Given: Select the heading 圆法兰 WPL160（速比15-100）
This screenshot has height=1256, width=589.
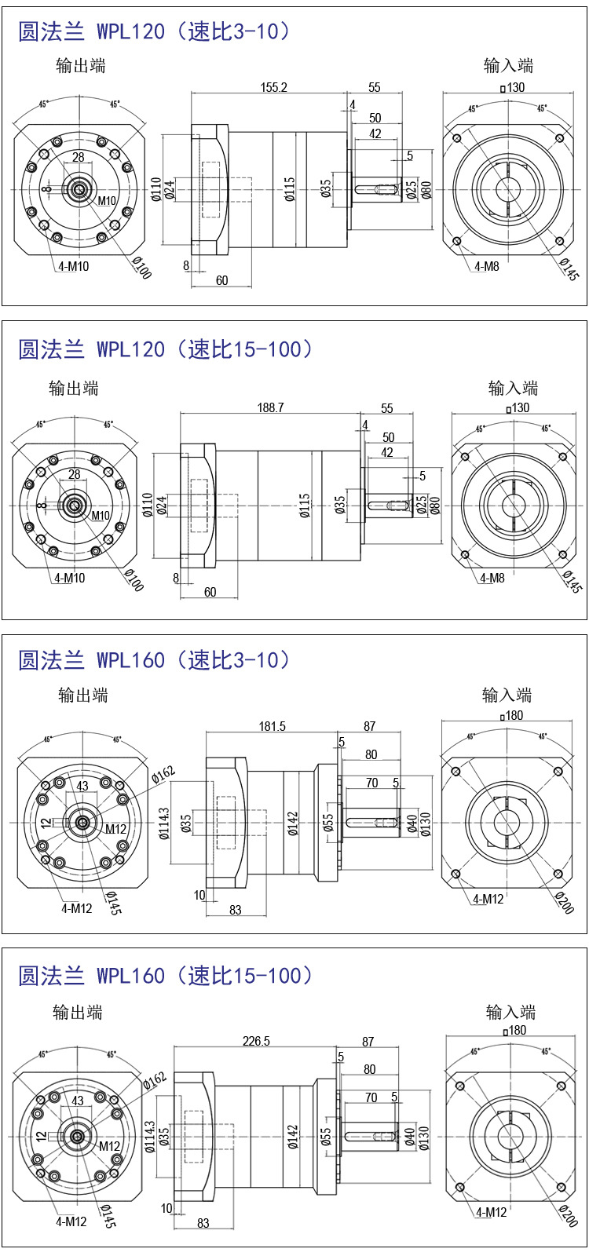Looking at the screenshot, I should click(166, 976).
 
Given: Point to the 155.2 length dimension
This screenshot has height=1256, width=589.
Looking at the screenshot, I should click(274, 87).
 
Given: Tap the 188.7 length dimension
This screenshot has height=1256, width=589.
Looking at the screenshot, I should click(270, 407).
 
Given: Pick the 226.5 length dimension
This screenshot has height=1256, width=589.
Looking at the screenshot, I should click(256, 1041).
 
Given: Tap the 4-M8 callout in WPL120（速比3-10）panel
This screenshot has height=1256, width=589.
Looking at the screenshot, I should click(487, 266).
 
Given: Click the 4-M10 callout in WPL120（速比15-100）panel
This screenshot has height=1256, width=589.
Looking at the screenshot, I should click(70, 578).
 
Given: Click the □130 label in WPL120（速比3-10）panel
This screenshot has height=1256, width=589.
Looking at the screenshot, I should click(512, 87).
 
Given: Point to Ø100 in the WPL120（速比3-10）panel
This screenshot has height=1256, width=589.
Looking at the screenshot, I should click(141, 268).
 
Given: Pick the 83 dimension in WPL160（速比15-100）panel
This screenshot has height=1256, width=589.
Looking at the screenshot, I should click(203, 1223).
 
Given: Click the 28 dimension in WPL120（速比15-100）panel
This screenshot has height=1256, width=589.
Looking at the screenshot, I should click(75, 474).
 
